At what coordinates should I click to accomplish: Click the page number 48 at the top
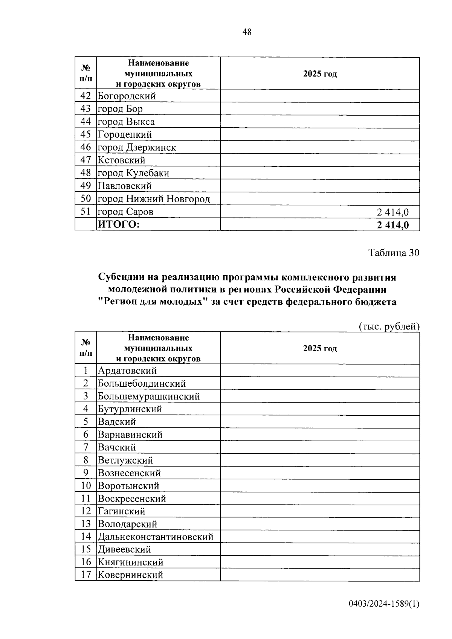click(247, 32)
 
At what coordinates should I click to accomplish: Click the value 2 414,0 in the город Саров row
click(392, 212)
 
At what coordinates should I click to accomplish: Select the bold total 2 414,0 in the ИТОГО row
click(392, 225)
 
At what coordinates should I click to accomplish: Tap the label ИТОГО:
click(119, 225)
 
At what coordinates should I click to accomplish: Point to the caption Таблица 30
click(394, 253)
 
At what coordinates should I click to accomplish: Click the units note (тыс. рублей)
click(389, 326)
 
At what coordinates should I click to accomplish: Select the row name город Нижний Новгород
click(154, 199)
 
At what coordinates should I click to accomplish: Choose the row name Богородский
click(127, 96)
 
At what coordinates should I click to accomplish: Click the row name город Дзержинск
click(137, 147)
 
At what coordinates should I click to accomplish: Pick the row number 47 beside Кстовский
click(86, 160)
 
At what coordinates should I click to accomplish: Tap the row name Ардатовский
click(127, 371)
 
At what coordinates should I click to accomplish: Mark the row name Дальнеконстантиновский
click(156, 537)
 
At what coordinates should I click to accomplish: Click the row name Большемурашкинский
click(149, 396)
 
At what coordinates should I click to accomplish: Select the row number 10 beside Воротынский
click(86, 486)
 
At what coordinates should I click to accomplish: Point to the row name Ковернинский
click(130, 575)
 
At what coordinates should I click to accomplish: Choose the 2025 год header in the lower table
click(320, 348)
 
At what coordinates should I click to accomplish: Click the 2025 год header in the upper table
click(320, 74)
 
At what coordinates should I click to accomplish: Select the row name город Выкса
click(126, 122)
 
